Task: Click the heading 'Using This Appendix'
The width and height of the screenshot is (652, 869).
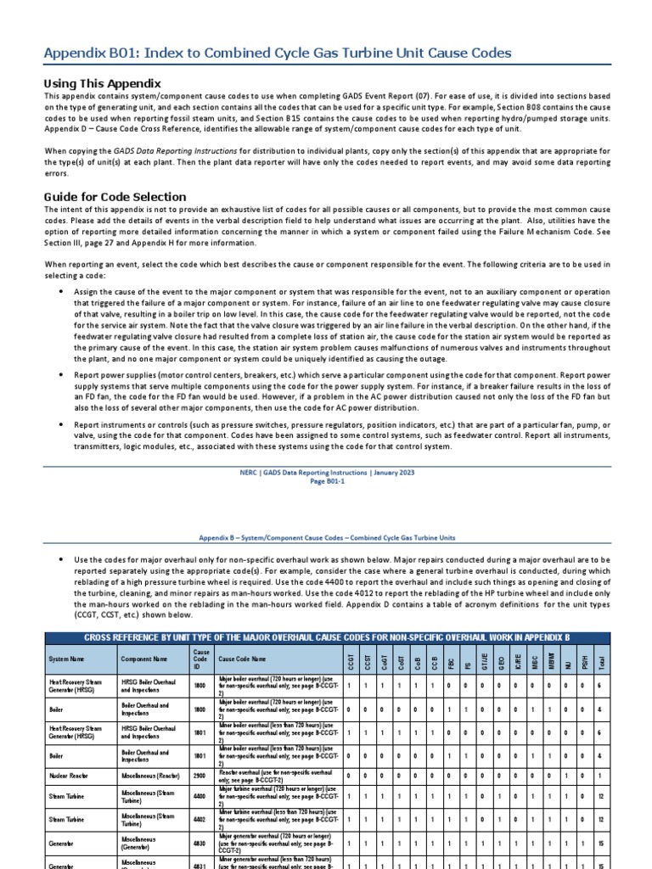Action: [102, 83]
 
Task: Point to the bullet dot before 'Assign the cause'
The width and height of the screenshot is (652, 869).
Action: [61, 291]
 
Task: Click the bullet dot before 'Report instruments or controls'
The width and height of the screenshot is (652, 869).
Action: [61, 423]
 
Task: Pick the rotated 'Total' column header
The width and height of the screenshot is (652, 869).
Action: [602, 658]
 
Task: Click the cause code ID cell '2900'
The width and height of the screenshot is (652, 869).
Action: [201, 776]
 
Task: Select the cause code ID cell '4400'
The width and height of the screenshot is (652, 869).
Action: [201, 799]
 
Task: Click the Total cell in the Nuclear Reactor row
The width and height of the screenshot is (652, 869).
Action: [602, 776]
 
